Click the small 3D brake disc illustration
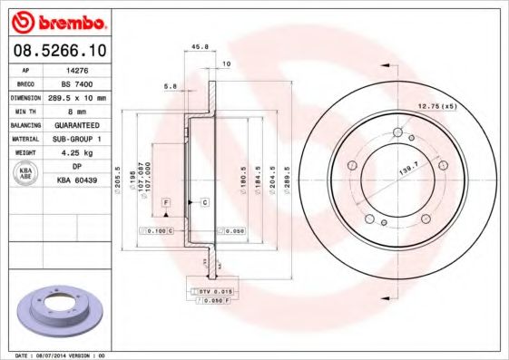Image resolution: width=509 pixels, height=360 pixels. [x=60, y=311]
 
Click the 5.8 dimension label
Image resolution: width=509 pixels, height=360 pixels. [x=171, y=86]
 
